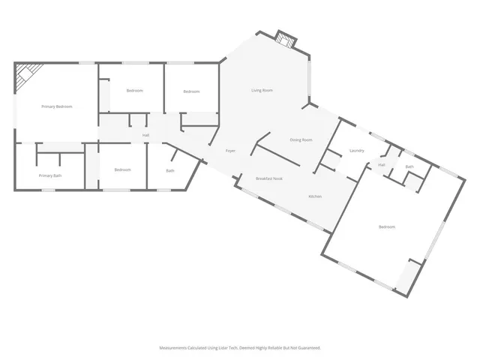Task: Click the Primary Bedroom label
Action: [57, 106]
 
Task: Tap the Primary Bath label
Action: [50, 175]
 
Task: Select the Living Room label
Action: [262, 91]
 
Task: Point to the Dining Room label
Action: [301, 140]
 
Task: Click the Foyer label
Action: [231, 151]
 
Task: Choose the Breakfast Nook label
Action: [268, 178]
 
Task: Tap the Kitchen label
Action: [315, 196]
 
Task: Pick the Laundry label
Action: [357, 151]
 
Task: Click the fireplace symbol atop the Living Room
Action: [284, 38]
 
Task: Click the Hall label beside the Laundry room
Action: [381, 165]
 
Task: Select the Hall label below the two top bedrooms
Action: [145, 135]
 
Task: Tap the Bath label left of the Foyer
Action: [170, 171]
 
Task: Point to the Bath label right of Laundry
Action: [409, 166]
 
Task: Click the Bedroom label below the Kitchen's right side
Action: [387, 226]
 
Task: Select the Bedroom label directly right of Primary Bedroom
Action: [134, 91]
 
